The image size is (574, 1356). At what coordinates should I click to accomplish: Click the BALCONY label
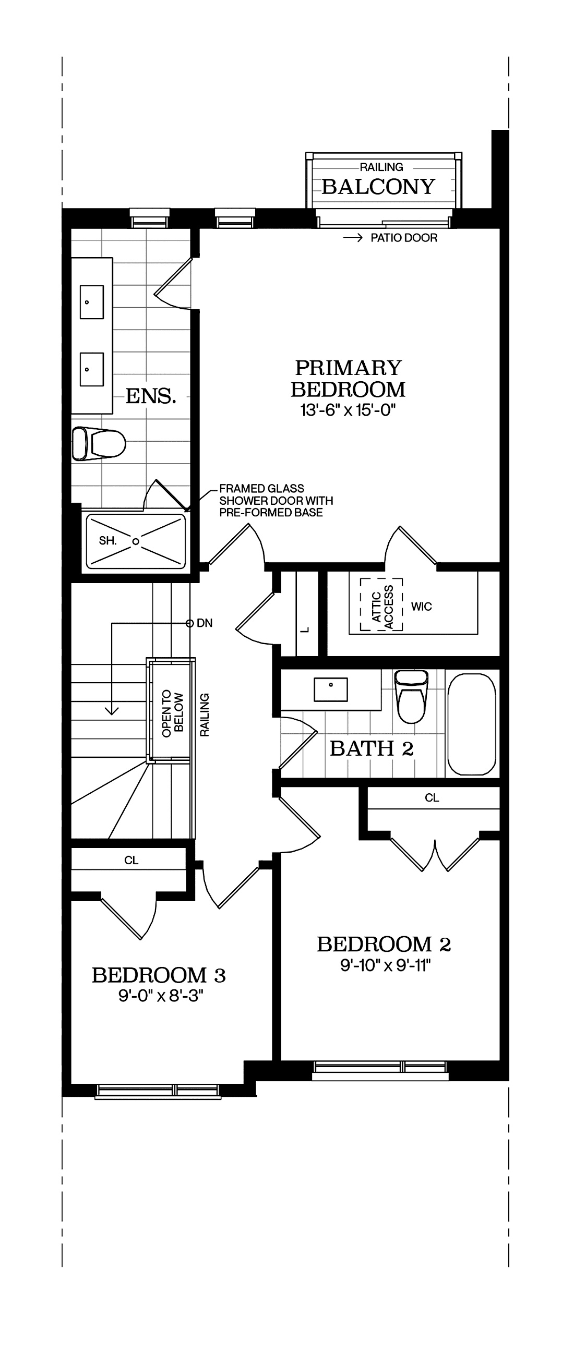(378, 187)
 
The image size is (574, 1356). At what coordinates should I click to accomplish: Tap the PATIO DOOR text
(403, 238)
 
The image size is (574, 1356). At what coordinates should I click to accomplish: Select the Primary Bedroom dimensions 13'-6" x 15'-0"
(348, 410)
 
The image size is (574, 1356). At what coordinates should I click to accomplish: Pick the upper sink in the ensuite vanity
(92, 302)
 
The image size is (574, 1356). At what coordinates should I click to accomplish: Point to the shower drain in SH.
(136, 541)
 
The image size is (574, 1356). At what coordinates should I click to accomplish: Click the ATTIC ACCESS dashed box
(382, 605)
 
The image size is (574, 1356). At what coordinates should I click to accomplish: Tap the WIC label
(421, 607)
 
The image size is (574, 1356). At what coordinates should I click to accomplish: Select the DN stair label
(205, 623)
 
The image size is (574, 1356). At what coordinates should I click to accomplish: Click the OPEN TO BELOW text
(172, 713)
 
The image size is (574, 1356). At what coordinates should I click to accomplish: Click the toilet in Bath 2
(411, 697)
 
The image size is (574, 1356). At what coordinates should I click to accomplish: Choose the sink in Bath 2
(331, 689)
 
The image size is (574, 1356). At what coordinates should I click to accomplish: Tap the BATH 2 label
(371, 748)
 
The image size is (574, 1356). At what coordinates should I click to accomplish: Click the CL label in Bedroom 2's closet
(432, 798)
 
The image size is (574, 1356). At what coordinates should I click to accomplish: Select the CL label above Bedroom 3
(131, 860)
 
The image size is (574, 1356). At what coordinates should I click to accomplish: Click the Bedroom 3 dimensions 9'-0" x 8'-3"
(161, 996)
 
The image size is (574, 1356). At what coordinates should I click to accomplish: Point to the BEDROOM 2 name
(384, 945)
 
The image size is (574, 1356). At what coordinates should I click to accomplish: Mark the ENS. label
(151, 396)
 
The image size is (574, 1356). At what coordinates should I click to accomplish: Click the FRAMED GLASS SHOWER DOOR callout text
(276, 501)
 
